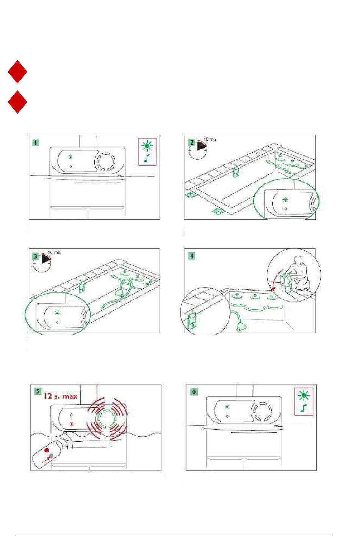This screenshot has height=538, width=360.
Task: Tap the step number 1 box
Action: pos(35,143)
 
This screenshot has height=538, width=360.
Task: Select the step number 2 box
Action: pos(192,142)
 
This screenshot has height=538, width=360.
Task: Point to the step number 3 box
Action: pos(36,256)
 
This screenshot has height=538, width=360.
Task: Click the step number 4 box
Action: pos(192,256)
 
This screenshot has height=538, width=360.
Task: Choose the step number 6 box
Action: pos(194,391)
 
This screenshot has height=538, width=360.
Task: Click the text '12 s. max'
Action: pos(61,396)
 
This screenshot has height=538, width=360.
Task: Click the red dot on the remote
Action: pos(47,450)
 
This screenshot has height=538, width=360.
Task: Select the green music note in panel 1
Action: pos(147,158)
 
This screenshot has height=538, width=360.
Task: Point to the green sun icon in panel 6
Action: pos(303,396)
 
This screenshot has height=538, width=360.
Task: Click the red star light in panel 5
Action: pos(71,424)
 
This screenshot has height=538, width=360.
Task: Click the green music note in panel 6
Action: pos(303,408)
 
